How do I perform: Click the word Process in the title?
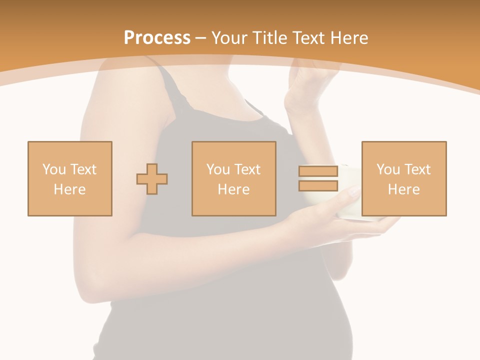point(157,37)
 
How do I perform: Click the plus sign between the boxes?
point(152,179)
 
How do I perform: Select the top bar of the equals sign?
point(318,171)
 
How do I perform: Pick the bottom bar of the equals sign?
point(318,185)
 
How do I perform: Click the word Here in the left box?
point(69,189)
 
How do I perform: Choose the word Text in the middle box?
point(247,169)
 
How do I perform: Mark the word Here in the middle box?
point(233,189)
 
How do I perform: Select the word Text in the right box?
point(417,169)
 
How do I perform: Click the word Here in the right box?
point(403,189)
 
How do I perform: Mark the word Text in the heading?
point(305,37)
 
